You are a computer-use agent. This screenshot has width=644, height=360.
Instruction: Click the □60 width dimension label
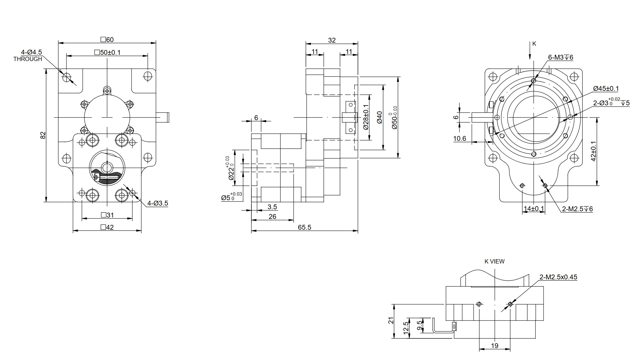click(x=107, y=39)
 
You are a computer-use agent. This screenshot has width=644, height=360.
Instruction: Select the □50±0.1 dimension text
click(x=107, y=53)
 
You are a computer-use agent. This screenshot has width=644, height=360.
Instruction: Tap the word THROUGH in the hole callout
click(x=28, y=59)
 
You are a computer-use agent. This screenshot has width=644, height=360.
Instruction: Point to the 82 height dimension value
click(x=43, y=135)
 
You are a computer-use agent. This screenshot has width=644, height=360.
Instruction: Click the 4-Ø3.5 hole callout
click(x=158, y=203)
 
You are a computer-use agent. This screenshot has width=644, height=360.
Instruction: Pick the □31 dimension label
click(x=107, y=215)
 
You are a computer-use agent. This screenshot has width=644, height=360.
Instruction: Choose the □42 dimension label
click(x=107, y=227)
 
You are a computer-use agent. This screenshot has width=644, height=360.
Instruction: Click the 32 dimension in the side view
click(x=332, y=40)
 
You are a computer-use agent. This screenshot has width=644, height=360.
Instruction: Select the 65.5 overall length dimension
click(x=305, y=227)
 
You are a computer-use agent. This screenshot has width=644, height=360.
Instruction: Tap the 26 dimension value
click(x=272, y=217)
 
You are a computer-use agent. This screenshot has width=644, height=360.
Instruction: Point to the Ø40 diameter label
click(x=380, y=117)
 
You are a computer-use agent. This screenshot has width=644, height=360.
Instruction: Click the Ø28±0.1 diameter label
click(x=366, y=117)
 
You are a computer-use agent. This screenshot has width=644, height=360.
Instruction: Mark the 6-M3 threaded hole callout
click(x=560, y=57)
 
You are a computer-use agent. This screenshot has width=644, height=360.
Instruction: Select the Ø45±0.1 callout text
click(x=606, y=89)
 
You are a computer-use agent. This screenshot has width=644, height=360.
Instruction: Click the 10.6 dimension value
click(x=460, y=139)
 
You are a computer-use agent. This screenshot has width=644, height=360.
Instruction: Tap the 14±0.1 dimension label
click(x=534, y=209)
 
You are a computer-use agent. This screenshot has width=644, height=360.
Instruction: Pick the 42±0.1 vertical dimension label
click(x=593, y=151)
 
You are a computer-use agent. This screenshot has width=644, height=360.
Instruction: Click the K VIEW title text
click(x=495, y=261)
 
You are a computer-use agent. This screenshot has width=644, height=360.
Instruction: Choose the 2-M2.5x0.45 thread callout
click(x=558, y=277)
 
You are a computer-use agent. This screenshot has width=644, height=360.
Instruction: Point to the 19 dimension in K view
click(x=495, y=346)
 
